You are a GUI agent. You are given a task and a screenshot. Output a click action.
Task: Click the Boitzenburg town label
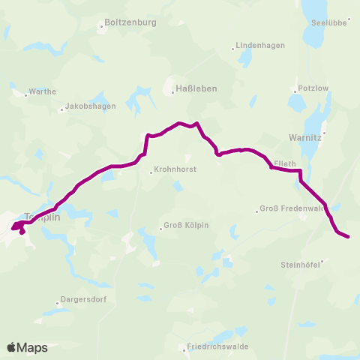click(130, 23)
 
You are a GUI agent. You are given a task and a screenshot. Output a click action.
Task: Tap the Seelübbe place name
click(328, 22)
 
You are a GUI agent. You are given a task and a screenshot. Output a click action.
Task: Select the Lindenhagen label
click(260, 45)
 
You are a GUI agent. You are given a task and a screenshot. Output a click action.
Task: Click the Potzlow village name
click(314, 87)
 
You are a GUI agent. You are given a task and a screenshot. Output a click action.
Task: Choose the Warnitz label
click(305, 138)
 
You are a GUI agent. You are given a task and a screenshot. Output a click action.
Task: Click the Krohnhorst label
click(175, 169)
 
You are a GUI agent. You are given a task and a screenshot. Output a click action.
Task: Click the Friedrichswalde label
click(218, 346)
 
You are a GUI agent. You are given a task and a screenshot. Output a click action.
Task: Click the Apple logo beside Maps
click(11, 347)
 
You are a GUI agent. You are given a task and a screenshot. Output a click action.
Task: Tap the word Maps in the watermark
click(32, 348)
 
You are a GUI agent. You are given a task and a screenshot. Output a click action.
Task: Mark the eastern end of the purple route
click(349, 238)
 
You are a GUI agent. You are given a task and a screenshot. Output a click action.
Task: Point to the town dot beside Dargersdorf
click(57, 303)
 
